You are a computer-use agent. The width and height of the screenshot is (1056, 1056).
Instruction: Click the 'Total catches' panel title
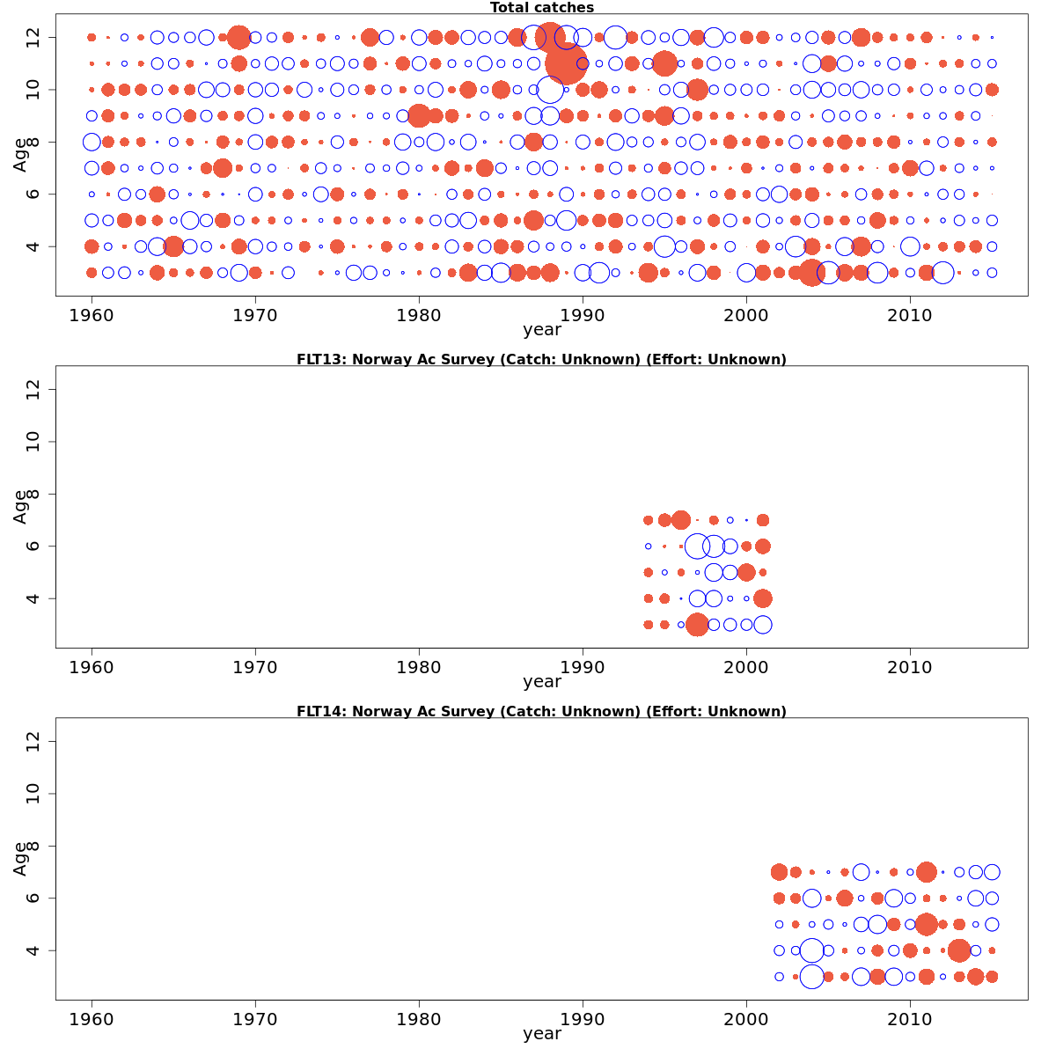point(542,8)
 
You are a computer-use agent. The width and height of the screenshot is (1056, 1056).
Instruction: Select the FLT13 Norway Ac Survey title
point(541,359)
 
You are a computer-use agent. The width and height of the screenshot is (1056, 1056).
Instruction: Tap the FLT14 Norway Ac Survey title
point(541,711)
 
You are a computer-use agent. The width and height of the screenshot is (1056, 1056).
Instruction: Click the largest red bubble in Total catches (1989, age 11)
point(566,63)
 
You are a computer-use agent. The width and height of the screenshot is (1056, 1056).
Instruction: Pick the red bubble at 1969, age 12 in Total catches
point(238,38)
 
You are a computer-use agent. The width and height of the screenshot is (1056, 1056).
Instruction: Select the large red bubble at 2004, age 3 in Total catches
point(812,273)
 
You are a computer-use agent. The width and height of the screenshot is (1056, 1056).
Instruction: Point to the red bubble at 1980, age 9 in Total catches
point(419,115)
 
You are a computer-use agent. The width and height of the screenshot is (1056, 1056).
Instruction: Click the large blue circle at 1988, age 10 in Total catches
point(550,90)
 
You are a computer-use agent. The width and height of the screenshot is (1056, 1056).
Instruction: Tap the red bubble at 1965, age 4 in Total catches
point(173,246)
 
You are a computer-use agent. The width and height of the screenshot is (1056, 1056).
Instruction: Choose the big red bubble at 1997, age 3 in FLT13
point(697,625)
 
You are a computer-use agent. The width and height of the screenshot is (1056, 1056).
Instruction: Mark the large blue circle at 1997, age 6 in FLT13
point(697,546)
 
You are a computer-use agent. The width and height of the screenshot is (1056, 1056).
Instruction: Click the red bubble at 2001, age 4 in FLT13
point(763,598)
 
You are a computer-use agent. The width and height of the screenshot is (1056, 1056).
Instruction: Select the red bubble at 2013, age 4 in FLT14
point(959,950)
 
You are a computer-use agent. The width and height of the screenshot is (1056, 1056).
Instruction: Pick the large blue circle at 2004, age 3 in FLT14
point(812,976)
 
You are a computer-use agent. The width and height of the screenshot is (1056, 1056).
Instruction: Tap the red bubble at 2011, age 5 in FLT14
point(926,924)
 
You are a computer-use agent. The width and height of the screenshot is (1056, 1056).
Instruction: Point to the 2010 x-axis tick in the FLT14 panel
point(910,1019)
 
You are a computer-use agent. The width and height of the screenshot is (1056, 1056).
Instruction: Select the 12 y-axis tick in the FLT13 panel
point(34,390)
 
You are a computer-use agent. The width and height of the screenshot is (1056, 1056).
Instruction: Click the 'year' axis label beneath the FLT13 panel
point(541,682)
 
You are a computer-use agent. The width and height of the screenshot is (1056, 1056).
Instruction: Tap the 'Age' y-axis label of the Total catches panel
point(20,154)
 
